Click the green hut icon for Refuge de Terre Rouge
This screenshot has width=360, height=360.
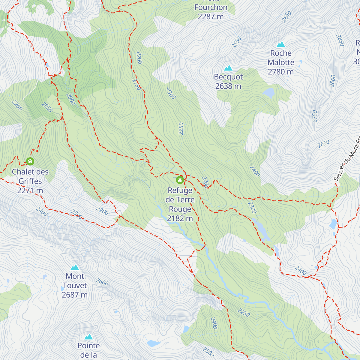(180, 180)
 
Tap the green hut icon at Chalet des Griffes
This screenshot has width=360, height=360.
(30, 161)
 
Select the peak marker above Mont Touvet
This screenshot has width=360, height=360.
(75, 267)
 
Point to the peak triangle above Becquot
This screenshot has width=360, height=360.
(228, 68)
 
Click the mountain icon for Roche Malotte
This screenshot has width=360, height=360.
(281, 45)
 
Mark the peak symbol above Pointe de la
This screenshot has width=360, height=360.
(88, 337)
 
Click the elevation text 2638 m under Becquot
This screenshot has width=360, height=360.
(228, 86)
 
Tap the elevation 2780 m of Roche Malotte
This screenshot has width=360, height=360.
(281, 72)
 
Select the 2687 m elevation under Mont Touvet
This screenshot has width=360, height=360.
(75, 295)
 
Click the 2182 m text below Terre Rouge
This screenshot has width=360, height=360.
(180, 219)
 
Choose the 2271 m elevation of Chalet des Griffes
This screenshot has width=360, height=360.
(30, 191)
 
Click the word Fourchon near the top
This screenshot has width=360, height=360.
(211, 7)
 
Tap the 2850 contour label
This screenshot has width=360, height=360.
(340, 40)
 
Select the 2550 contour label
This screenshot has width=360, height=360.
(236, 42)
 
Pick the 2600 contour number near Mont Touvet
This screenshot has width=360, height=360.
(102, 282)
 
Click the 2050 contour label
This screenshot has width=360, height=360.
(47, 107)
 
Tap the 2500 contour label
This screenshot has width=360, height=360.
(208, 352)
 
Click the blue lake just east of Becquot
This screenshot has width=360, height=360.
(269, 93)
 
